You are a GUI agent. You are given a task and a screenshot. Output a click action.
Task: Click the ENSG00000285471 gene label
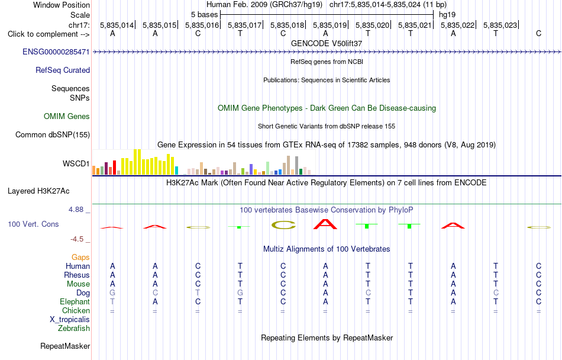pyautogui.click(x=56, y=52)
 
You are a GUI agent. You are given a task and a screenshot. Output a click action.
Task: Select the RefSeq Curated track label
pyautogui.click(x=63, y=70)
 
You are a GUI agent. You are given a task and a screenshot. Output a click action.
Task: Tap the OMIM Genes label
pyautogui.click(x=67, y=116)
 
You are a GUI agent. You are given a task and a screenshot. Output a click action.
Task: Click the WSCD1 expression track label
pyautogui.click(x=76, y=163)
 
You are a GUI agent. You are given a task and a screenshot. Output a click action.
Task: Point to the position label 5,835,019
pyautogui.click(x=330, y=25)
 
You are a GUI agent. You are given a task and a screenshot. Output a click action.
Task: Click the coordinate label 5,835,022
pyautogui.click(x=458, y=25)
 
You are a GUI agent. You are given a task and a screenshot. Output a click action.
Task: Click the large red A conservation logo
pyautogui.click(x=325, y=224)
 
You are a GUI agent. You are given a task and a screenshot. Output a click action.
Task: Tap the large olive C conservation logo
pyautogui.click(x=283, y=225)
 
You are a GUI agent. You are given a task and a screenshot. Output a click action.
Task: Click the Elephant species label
pyautogui.click(x=75, y=301)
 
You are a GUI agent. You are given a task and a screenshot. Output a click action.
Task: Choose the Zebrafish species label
pyautogui.click(x=74, y=328)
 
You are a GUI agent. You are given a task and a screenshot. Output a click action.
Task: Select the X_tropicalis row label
pyautogui.click(x=70, y=320)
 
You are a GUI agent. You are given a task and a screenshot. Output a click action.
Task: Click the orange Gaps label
pyautogui.click(x=80, y=257)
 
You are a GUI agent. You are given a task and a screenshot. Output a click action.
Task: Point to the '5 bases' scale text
pyautogui.click(x=204, y=15)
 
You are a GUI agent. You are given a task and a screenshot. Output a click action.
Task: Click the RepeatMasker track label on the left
pyautogui.click(x=65, y=346)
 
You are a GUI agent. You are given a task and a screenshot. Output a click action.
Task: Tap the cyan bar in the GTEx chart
pyautogui.click(x=177, y=171)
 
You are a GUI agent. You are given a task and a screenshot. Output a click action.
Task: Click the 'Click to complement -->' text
pyautogui.click(x=49, y=34)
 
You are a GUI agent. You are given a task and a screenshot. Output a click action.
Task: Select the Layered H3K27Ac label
pyautogui.click(x=38, y=191)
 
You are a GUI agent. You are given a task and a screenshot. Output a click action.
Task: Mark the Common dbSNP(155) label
pyautogui.click(x=53, y=135)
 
